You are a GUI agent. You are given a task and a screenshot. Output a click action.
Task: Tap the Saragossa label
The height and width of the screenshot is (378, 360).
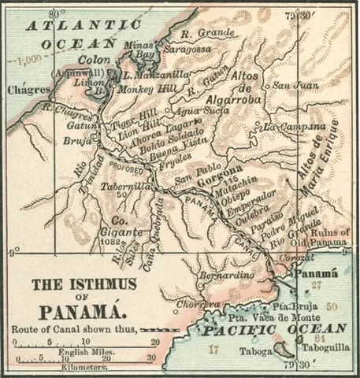coord(184,48)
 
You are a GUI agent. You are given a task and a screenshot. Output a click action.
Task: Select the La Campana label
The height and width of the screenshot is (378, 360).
coord(294,126)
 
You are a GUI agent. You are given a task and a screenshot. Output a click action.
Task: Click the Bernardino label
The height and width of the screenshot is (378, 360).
coord(225,276)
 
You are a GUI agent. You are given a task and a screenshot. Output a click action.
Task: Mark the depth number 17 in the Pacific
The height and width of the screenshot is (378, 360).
coord(213,346)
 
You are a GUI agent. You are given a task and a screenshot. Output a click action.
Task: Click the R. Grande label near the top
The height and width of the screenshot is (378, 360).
coord(197,33)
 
